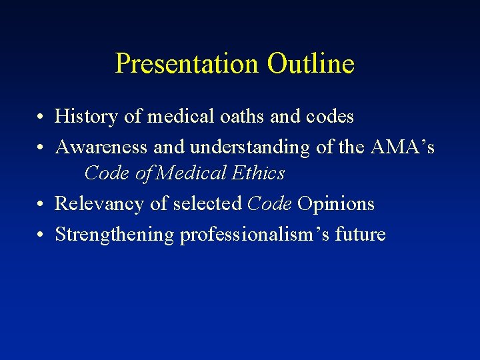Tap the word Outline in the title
311,64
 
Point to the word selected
207,204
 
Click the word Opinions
336,204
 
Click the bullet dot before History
41,118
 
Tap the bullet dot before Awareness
41,147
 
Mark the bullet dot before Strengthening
41,235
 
